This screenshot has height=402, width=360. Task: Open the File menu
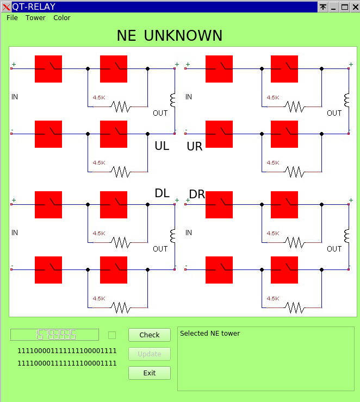tap(12, 18)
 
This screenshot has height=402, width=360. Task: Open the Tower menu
tap(35, 18)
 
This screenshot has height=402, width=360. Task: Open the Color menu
tap(62, 18)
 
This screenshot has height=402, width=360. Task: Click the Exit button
tap(149, 373)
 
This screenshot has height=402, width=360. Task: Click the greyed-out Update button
tap(149, 354)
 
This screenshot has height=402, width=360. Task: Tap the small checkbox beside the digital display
tap(112, 335)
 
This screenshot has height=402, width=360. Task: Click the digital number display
tap(55, 335)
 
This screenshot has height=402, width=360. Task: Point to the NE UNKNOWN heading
tap(169, 36)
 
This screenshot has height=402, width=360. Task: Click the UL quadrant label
tap(162, 146)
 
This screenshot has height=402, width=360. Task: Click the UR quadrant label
tap(195, 146)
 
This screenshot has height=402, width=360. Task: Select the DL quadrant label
tap(162, 193)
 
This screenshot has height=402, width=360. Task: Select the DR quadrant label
tap(196, 194)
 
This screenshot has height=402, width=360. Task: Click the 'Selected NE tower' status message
tap(209, 334)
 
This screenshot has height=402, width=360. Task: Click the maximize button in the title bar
tap(344, 7)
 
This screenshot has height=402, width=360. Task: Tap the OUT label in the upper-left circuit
tap(160, 113)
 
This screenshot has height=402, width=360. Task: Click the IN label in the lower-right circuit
tap(189, 233)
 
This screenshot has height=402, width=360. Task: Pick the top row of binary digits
tap(67, 351)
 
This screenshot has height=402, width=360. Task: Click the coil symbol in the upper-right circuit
tap(347, 100)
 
